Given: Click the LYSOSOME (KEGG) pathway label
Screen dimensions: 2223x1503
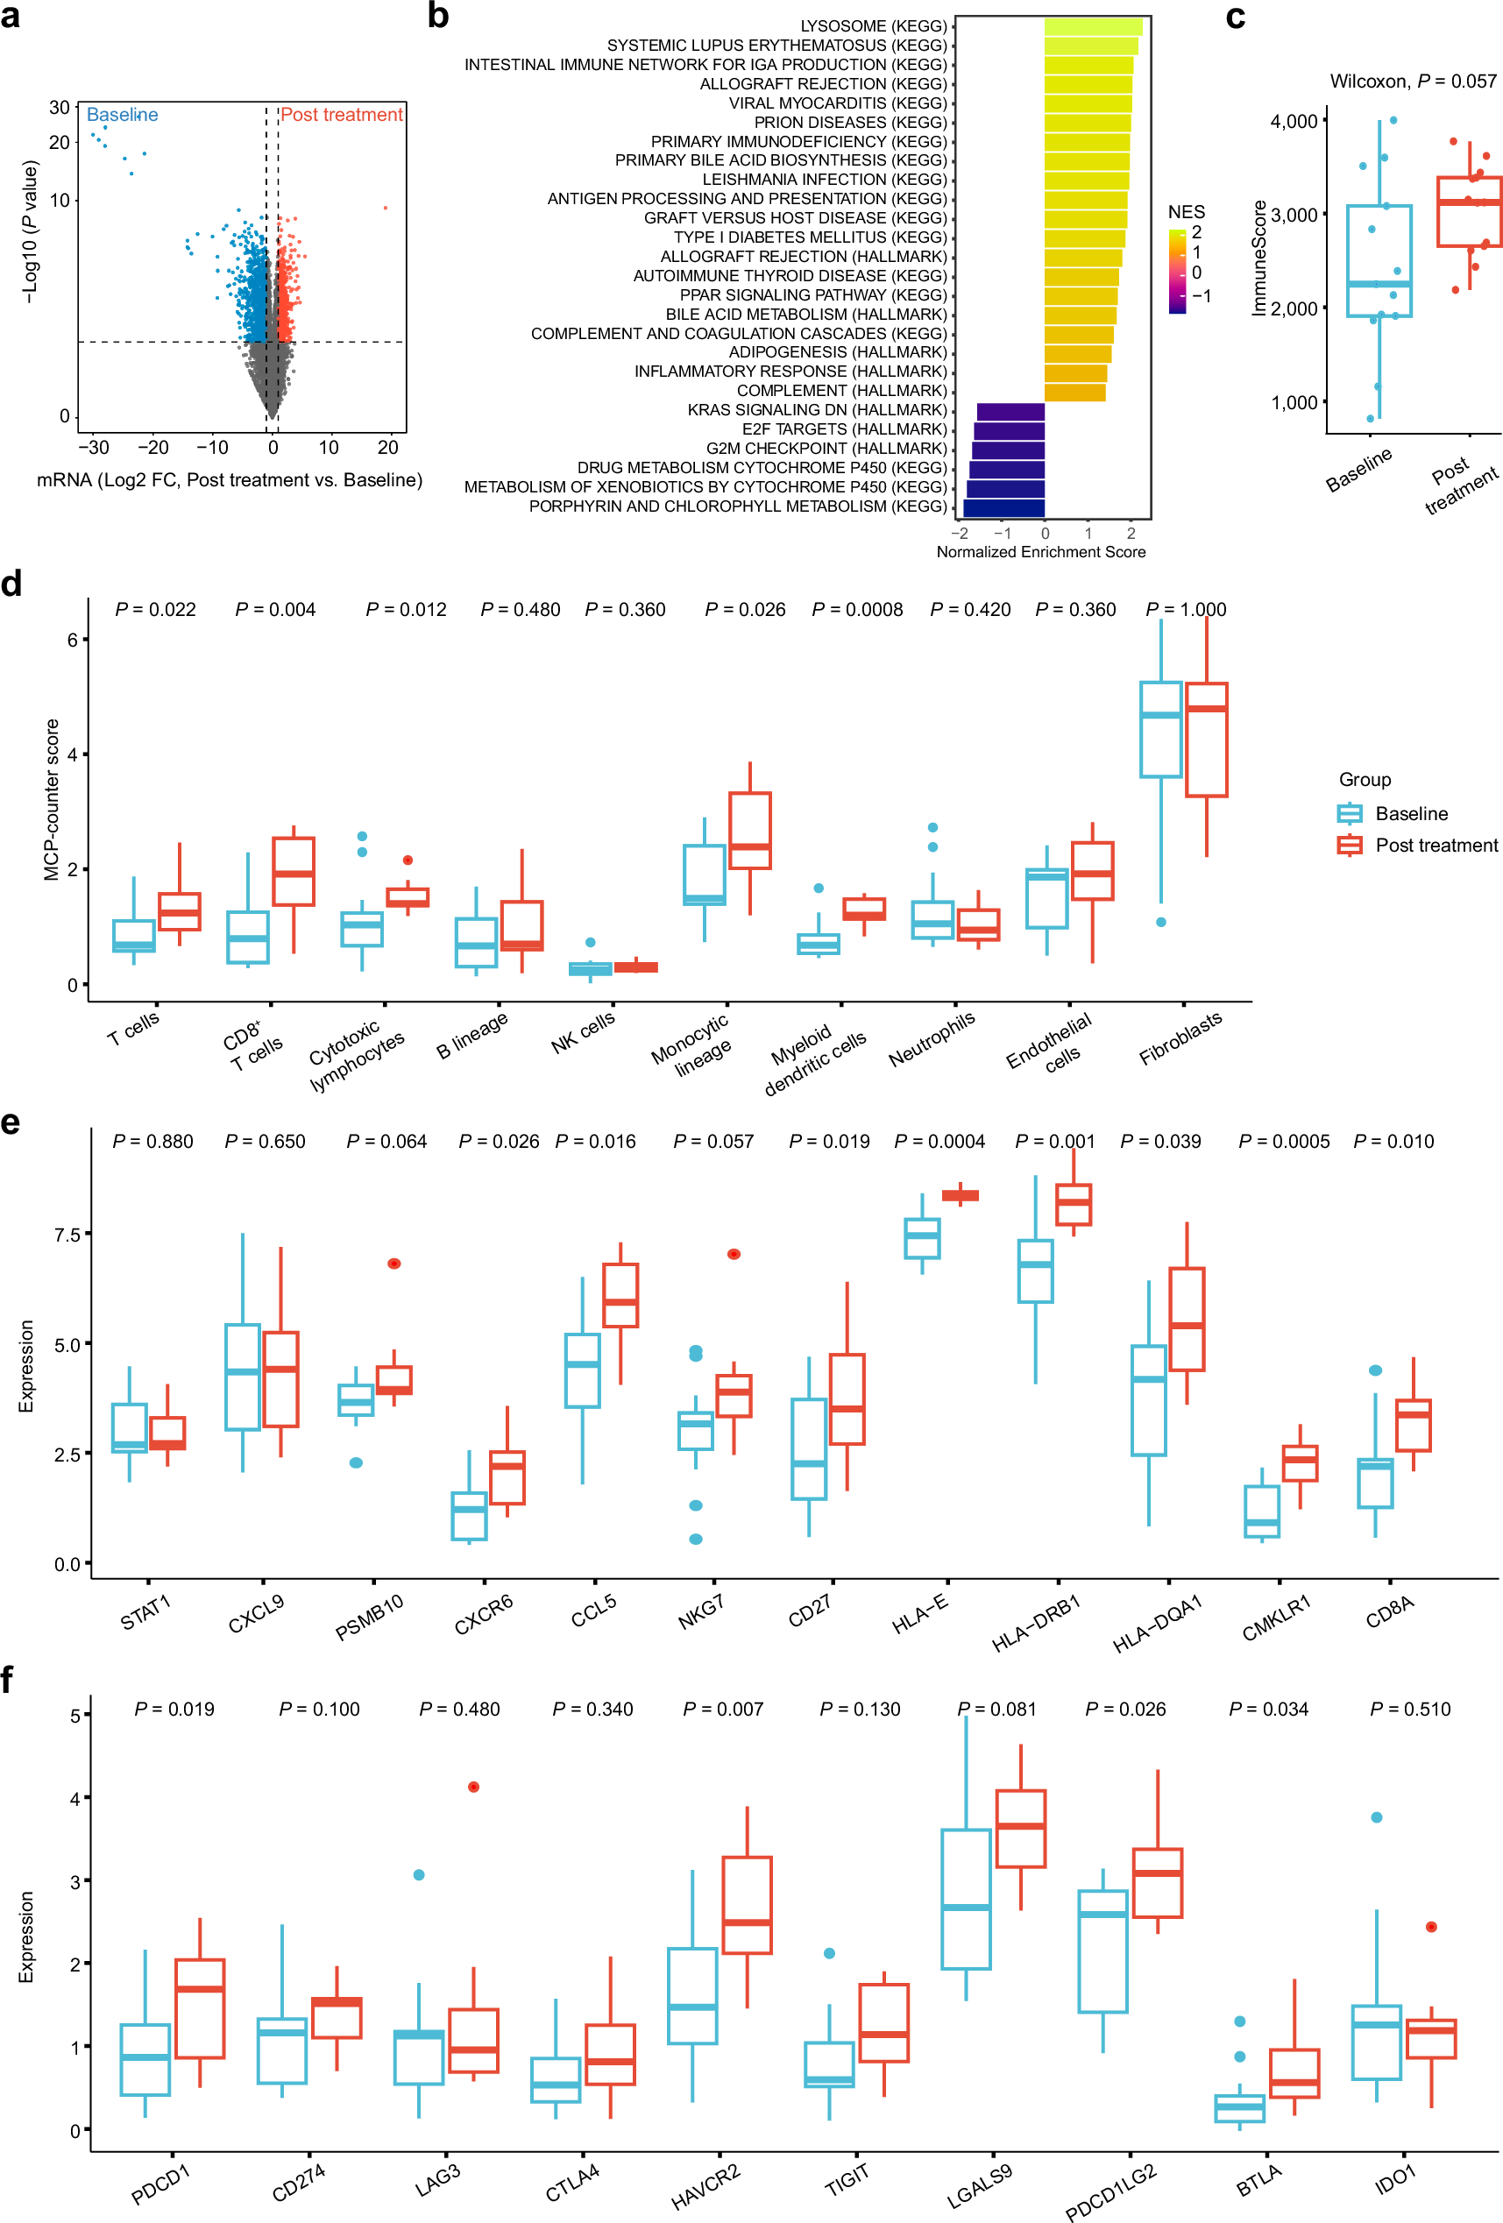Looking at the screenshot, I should [x=873, y=25].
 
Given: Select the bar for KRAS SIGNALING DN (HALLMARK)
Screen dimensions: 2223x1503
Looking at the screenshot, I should [x=1010, y=411].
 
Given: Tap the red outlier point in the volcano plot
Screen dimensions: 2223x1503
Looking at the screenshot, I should [x=386, y=208].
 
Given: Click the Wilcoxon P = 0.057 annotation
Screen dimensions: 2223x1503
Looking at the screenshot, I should [x=1412, y=81].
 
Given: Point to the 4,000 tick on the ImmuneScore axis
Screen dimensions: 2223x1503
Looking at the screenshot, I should [x=1293, y=122].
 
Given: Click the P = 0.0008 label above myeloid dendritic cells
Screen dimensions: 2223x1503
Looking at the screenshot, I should [x=856, y=609].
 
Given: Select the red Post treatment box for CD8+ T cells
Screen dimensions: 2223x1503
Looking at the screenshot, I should [x=293, y=871].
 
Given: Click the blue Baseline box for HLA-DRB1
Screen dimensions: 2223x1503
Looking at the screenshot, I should [x=1035, y=1271].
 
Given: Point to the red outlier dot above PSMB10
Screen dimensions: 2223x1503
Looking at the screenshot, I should [x=394, y=1264].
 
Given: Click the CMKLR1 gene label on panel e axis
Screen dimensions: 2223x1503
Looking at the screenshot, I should [x=1275, y=1618].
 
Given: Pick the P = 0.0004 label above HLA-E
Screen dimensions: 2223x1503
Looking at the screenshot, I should [x=939, y=1141].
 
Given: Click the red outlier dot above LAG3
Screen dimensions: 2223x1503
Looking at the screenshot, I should [x=473, y=1787].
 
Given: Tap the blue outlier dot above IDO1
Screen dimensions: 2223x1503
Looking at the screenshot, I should [x=1376, y=1817].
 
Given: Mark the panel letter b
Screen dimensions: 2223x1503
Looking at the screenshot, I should [x=438, y=17].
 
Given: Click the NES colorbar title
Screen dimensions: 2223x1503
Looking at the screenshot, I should [x=1186, y=212].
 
